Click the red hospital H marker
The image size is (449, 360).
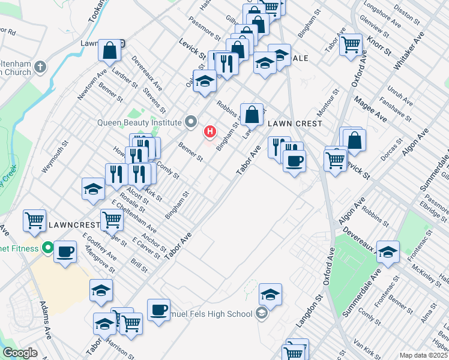pos(210,131)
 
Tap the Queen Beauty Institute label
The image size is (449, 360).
pos(139,122)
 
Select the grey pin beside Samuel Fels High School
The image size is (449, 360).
pos(261,313)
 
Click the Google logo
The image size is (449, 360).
pos(20,353)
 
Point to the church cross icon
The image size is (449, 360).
pos(40,66)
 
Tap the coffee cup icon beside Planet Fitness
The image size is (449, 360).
pos(65,251)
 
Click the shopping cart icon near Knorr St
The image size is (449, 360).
pos(351,44)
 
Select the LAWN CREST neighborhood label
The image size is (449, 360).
pos(295,123)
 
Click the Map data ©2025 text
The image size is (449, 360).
pos(423,355)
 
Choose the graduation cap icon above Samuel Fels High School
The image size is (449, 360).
pos(270,294)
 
